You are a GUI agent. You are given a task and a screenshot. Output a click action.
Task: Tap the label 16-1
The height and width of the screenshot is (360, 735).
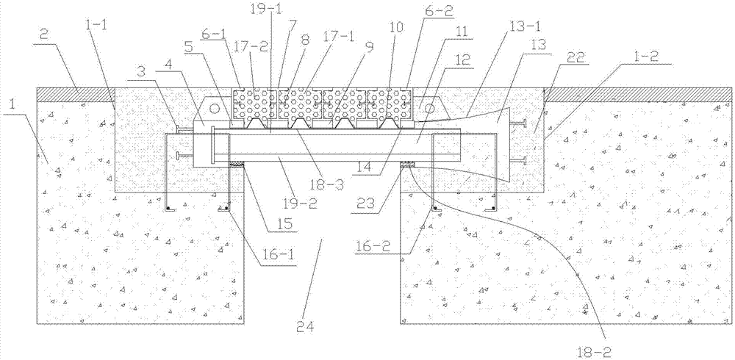click(x=279, y=259)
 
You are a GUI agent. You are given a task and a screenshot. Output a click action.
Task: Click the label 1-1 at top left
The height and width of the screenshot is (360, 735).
click(x=96, y=27)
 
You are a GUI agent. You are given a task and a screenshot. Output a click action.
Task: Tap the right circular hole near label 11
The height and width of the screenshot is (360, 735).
click(x=429, y=109)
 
